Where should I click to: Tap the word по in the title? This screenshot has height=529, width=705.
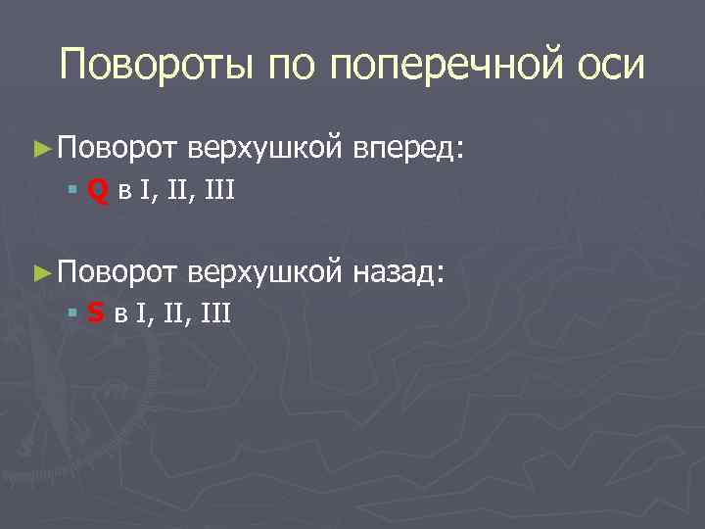[x=296, y=67]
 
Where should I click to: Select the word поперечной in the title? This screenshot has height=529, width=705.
[x=451, y=67]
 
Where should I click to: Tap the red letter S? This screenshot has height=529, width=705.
[x=95, y=313]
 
